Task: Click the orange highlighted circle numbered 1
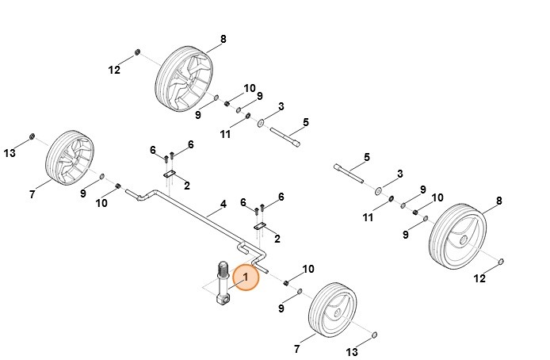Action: [x=246, y=277]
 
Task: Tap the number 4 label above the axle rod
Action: [x=223, y=204]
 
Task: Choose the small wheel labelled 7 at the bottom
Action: [x=331, y=309]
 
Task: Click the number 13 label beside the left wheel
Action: [x=10, y=152]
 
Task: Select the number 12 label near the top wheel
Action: [x=114, y=70]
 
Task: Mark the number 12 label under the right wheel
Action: [x=480, y=278]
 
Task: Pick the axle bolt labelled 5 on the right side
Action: [x=349, y=174]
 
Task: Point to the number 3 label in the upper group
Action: [x=281, y=105]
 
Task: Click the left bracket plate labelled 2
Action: [x=170, y=175]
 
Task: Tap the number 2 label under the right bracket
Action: [x=276, y=238]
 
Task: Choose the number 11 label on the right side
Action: [x=367, y=217]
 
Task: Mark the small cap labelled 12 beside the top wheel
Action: [x=137, y=53]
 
